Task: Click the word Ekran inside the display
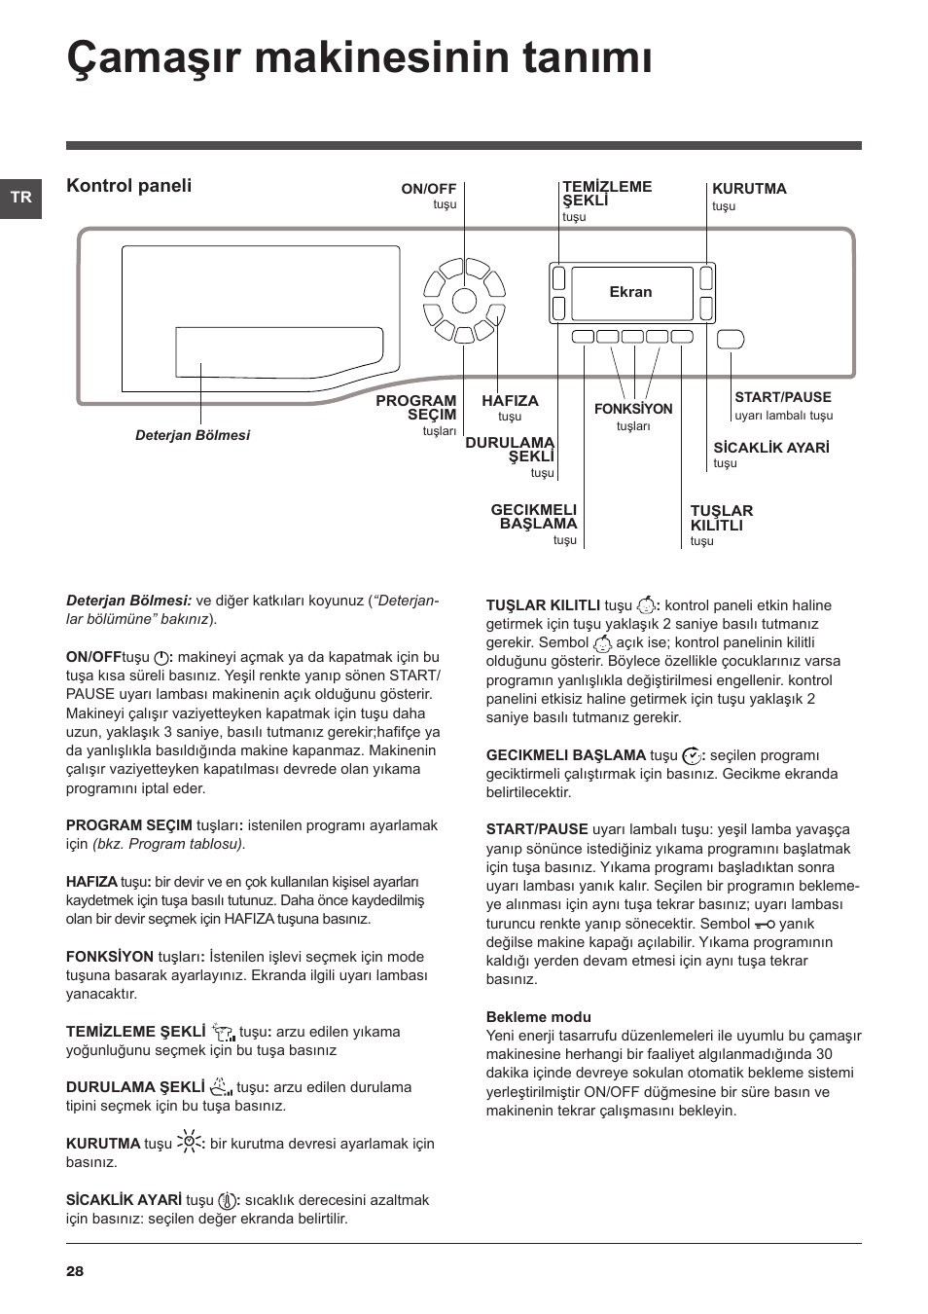630,292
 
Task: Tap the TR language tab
20,199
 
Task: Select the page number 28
75,1270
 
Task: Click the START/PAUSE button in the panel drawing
731,339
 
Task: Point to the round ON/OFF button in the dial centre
464,301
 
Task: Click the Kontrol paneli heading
129,185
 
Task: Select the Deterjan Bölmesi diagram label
193,435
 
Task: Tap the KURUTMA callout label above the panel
749,189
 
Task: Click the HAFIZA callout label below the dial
510,401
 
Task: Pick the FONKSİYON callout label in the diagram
633,409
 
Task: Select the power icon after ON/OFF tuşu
161,658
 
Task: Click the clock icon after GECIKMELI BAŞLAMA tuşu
693,756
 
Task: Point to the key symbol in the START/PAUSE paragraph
765,925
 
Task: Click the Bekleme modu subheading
538,1017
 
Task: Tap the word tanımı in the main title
587,57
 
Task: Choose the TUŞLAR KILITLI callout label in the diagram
722,518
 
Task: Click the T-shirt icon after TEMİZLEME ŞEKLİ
224,1032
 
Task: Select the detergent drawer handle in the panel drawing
279,352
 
